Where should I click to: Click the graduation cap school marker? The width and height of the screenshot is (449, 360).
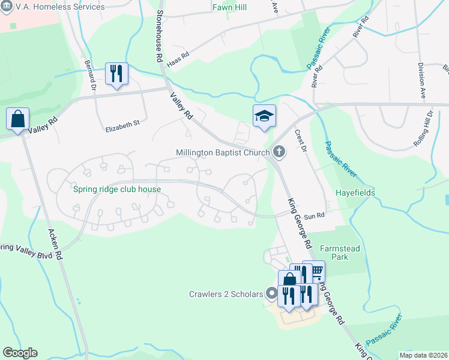pyautogui.click(x=264, y=116)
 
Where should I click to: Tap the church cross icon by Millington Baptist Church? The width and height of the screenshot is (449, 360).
pyautogui.click(x=279, y=152)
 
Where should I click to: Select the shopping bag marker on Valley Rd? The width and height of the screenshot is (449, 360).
pyautogui.click(x=17, y=119)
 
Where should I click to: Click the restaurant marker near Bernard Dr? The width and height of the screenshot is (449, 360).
pyautogui.click(x=116, y=74)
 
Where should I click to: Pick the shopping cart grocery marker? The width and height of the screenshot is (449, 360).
pyautogui.click(x=314, y=271)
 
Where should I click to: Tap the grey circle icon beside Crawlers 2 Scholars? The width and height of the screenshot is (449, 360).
pyautogui.click(x=272, y=294)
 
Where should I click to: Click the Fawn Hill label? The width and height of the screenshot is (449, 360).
pyautogui.click(x=230, y=8)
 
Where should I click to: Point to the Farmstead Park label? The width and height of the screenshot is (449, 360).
pyautogui.click(x=343, y=251)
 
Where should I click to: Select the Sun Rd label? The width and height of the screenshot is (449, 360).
pyautogui.click(x=314, y=215)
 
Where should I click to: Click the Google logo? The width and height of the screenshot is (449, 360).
pyautogui.click(x=20, y=353)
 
